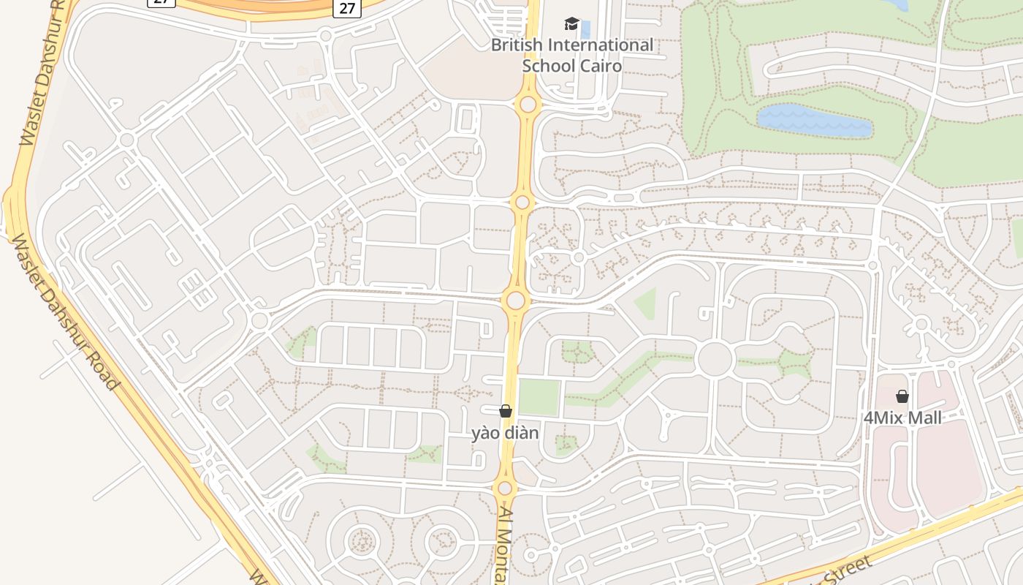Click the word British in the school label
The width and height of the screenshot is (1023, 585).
517,45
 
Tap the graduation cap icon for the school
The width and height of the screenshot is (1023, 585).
571,24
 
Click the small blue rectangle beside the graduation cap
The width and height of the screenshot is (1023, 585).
585,30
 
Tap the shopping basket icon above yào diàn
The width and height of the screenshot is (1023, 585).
506,411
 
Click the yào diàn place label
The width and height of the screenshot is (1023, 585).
505,433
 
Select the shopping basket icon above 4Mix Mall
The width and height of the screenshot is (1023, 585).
902,396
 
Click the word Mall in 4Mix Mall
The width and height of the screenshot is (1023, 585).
924,418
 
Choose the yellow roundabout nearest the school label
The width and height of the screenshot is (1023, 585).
528,105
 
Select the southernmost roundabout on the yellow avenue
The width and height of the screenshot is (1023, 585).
504,488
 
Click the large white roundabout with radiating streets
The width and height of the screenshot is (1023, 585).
715,359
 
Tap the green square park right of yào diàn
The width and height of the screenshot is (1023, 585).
539,397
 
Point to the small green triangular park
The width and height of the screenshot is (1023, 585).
646,303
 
